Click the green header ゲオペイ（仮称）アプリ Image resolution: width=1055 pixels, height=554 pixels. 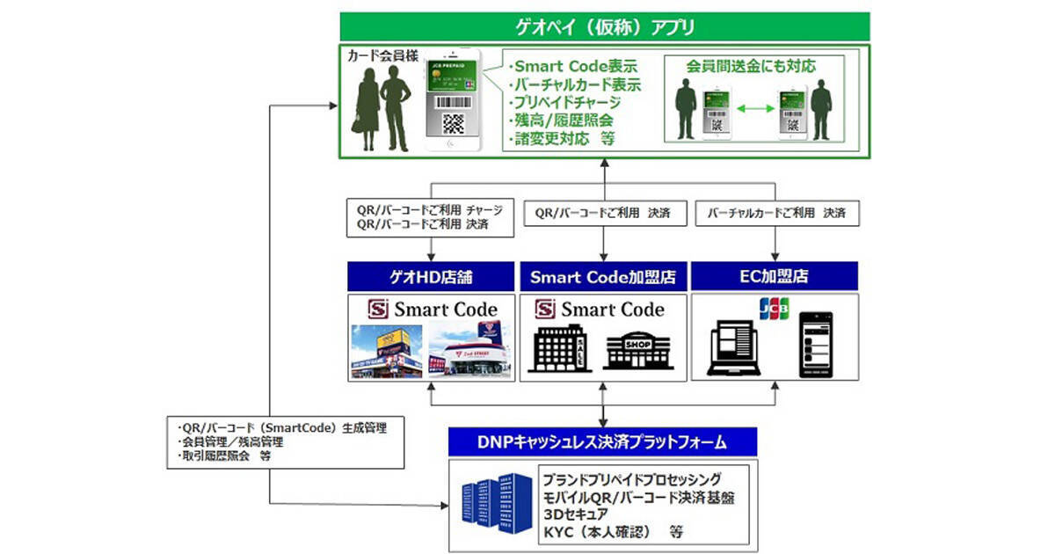(604, 26)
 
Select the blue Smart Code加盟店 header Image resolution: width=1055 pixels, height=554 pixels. (603, 278)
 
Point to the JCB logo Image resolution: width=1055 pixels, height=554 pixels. (774, 310)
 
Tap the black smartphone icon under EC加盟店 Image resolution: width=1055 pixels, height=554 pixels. (816, 346)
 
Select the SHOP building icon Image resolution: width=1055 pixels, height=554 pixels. (639, 349)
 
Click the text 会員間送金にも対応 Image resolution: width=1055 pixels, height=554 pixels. (753, 66)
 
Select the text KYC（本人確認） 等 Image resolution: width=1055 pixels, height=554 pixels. (613, 532)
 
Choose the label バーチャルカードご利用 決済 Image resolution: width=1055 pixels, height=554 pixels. (776, 214)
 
